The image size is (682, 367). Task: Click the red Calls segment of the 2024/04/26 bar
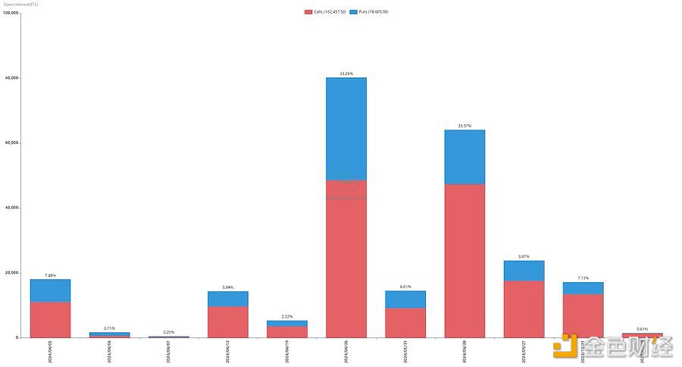click(x=346, y=258)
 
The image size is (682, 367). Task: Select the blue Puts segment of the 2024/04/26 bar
click(x=346, y=129)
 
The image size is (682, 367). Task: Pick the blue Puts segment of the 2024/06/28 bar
click(x=465, y=157)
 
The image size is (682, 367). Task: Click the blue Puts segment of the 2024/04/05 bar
click(x=50, y=290)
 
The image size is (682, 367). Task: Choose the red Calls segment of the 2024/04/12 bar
click(x=227, y=322)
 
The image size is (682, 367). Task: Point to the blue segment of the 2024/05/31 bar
click(x=405, y=300)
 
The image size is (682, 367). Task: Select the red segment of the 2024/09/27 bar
click(x=524, y=309)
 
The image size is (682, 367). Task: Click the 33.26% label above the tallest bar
click(x=346, y=74)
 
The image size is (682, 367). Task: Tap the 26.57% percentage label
click(x=465, y=126)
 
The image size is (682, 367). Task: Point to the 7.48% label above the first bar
click(x=50, y=275)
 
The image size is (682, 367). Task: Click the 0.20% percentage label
click(x=168, y=332)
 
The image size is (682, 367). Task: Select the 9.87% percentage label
click(x=524, y=256)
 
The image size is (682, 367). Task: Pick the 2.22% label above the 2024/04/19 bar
click(x=287, y=316)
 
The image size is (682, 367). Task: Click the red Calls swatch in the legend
click(x=308, y=12)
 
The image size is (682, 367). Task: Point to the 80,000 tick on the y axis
click(x=11, y=78)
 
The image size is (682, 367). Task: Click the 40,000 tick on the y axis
click(x=11, y=208)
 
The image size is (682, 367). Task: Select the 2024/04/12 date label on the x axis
click(x=227, y=350)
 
